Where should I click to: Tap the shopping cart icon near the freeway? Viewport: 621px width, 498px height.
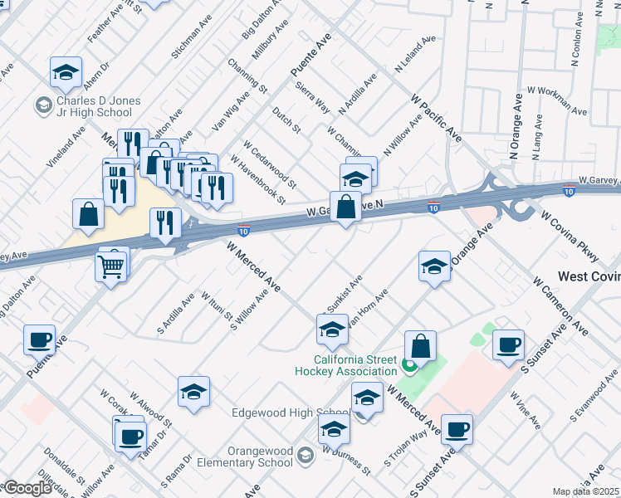pos(110,266)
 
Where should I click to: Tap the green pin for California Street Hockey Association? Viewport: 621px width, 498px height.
pos(408,364)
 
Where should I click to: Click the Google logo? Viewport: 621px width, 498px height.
pos(27,488)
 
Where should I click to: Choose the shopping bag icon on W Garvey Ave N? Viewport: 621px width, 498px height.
pos(345,207)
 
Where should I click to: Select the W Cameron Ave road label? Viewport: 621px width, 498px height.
pos(561,309)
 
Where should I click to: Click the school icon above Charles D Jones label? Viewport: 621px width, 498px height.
pos(66,73)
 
